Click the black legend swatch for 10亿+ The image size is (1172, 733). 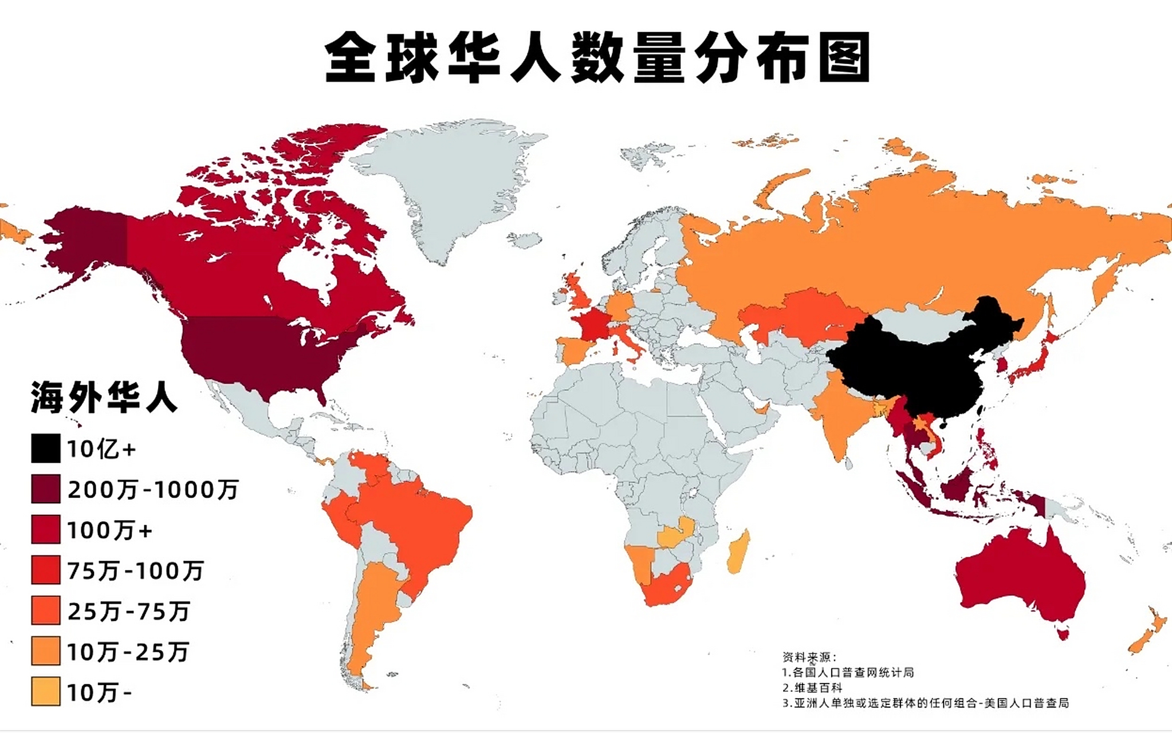click(46, 448)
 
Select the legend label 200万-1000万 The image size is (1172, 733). click(152, 490)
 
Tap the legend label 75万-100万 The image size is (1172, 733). click(135, 571)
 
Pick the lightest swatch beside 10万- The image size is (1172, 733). click(46, 692)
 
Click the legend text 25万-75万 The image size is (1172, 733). click(128, 612)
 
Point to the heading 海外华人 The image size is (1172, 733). click(104, 397)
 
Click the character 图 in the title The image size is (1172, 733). click(844, 58)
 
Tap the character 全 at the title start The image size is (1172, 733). click(350, 58)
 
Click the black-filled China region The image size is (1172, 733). click(917, 366)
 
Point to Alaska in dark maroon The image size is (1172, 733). click(86, 246)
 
